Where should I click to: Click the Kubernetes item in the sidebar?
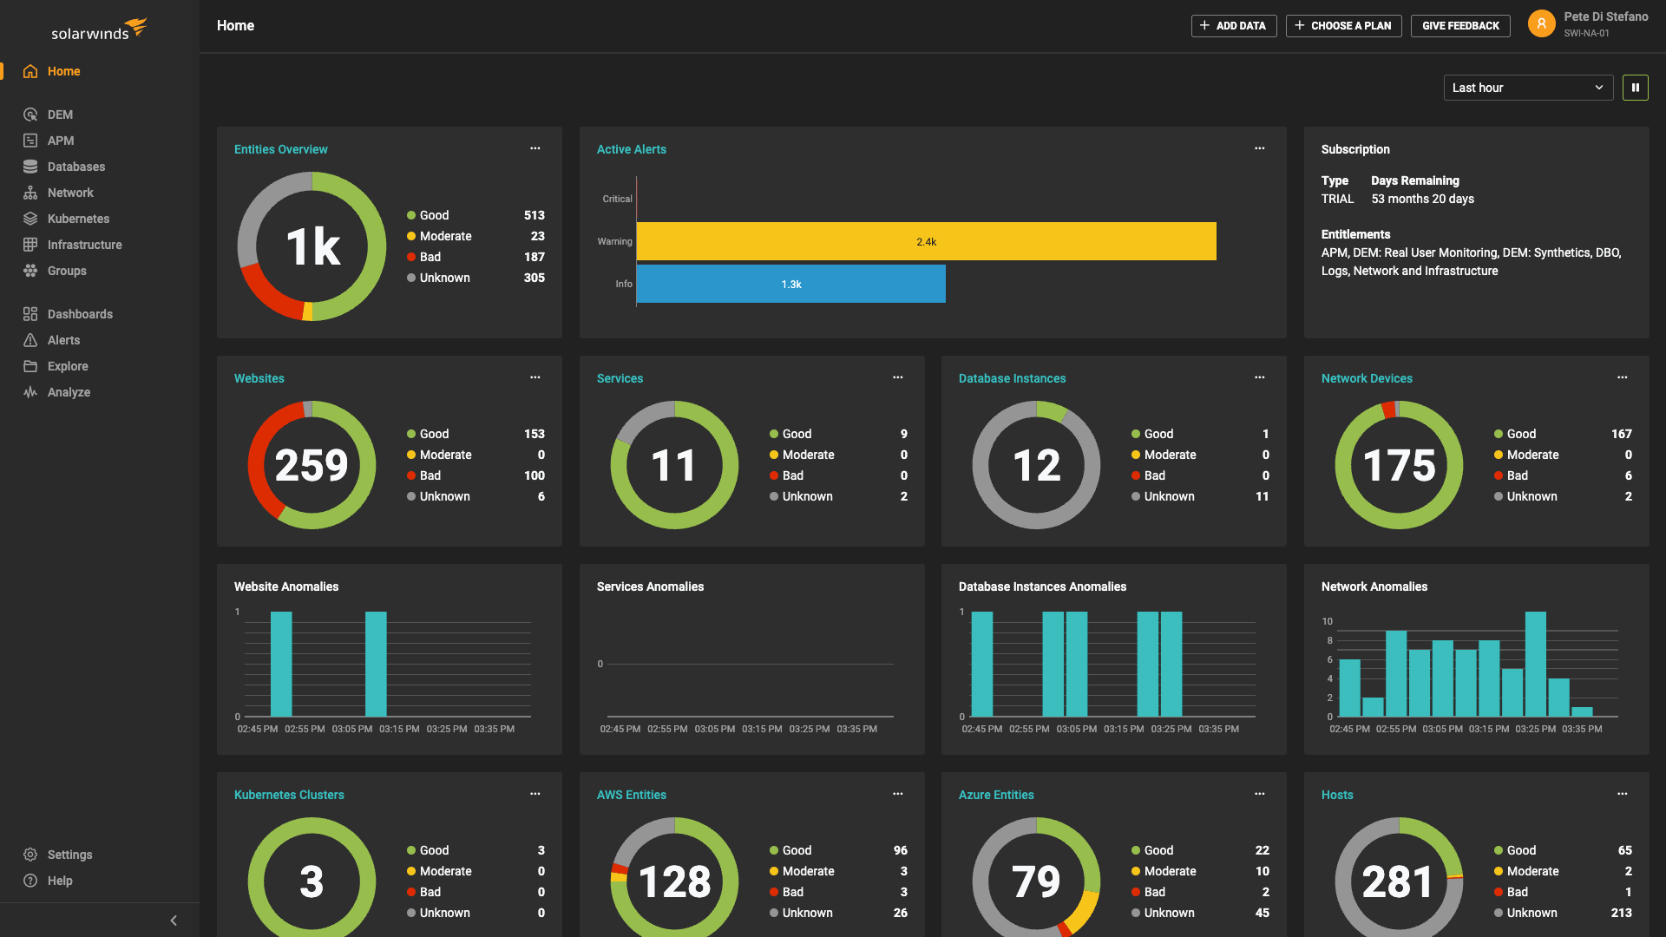click(78, 219)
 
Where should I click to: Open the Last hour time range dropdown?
click(1527, 88)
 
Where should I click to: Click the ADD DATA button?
click(1233, 26)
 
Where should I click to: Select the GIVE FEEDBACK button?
click(1459, 26)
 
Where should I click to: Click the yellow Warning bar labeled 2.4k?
click(926, 242)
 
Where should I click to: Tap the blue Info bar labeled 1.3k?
click(790, 285)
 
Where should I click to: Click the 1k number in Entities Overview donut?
click(312, 247)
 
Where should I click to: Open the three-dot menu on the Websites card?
click(535, 377)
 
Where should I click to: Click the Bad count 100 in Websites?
click(534, 475)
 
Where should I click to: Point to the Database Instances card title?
click(1012, 378)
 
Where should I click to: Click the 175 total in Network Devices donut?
click(1399, 466)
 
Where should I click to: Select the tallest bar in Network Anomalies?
click(1535, 664)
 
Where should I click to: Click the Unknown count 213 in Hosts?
click(1620, 913)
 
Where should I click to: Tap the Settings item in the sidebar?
click(69, 855)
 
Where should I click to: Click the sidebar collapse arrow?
click(174, 921)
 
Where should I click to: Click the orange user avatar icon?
click(1541, 24)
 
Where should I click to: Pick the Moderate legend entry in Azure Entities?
click(1170, 871)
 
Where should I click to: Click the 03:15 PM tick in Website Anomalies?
click(399, 729)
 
